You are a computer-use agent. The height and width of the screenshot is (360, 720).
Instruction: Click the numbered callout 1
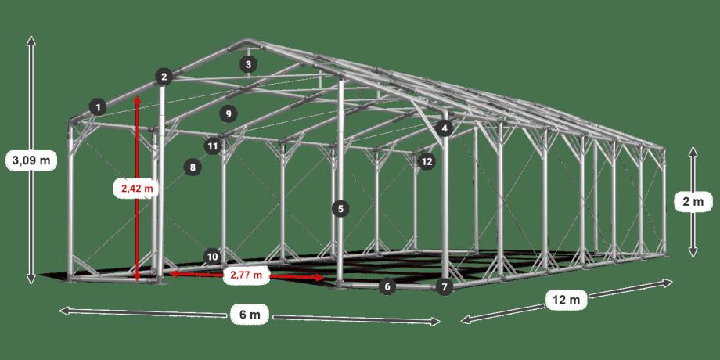[x=98, y=108]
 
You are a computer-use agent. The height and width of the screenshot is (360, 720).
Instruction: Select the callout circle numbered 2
[x=164, y=77]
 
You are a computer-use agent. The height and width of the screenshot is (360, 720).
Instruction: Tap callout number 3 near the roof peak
[x=248, y=64]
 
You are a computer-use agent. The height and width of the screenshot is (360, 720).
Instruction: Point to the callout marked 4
[x=445, y=128]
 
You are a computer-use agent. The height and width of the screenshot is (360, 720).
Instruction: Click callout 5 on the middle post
[x=340, y=210]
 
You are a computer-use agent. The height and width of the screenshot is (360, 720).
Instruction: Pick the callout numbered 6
[x=387, y=287]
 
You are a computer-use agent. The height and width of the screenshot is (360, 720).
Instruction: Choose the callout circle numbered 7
[x=444, y=287]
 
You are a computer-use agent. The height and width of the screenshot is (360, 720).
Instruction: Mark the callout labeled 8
[x=193, y=167]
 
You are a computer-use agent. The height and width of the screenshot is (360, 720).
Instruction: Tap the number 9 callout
[x=229, y=113]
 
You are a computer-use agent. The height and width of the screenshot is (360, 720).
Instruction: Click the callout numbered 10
[x=212, y=257]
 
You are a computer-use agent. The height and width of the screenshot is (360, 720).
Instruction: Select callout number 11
[x=213, y=146]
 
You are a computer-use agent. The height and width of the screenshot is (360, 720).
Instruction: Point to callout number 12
[x=427, y=162]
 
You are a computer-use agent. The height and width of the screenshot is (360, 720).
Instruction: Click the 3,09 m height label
[x=31, y=160]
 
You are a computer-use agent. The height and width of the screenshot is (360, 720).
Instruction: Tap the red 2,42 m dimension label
[x=137, y=189]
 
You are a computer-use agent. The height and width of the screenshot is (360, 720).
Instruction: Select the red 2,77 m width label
[x=246, y=275]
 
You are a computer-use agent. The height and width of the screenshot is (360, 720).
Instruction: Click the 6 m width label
[x=250, y=315]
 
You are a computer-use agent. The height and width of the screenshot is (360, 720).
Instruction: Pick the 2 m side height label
[x=693, y=202]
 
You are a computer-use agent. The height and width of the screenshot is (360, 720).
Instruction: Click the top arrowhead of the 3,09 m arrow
[x=31, y=41]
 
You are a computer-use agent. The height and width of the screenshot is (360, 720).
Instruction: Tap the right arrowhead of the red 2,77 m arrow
[x=319, y=278]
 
